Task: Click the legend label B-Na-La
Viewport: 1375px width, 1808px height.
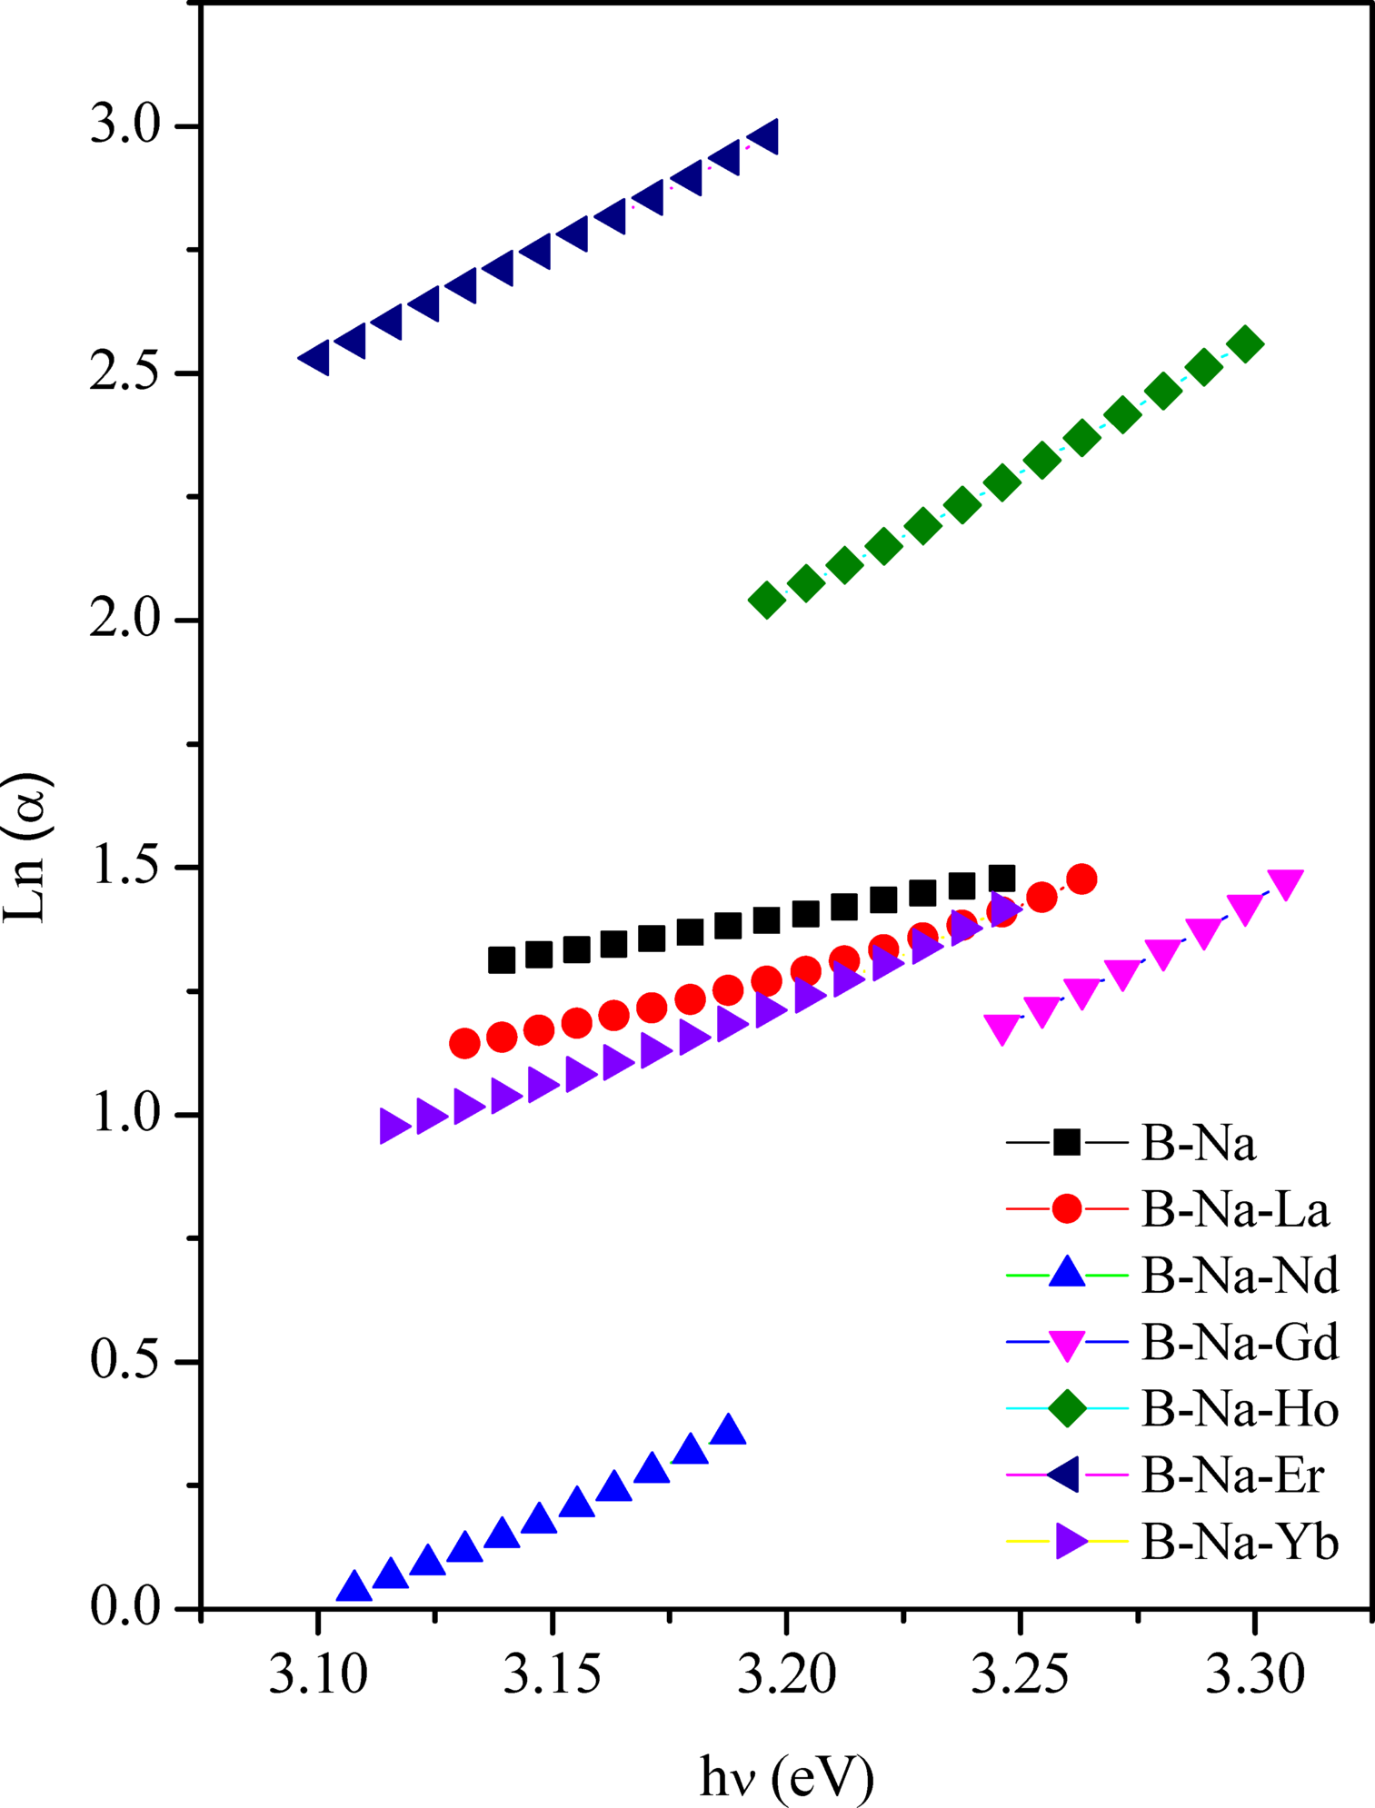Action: (x=1235, y=1209)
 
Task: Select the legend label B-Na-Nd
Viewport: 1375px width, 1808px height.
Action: (x=1240, y=1276)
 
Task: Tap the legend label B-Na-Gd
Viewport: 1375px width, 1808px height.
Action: (x=1240, y=1342)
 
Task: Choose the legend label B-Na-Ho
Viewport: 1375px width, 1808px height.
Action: (x=1240, y=1409)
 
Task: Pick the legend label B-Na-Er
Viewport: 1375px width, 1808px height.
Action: (x=1232, y=1475)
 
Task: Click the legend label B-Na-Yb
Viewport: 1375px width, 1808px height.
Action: (x=1240, y=1543)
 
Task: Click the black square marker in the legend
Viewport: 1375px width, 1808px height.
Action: (x=1067, y=1142)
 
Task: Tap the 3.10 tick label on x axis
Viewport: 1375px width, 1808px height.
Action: (x=317, y=1675)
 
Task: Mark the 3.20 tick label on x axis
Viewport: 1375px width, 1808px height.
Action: (x=786, y=1675)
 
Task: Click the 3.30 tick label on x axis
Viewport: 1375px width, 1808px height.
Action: (x=1254, y=1675)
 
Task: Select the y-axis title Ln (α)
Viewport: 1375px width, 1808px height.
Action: (x=27, y=847)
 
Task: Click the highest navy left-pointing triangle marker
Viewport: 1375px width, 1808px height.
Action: (x=763, y=137)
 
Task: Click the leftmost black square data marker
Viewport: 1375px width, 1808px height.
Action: (x=502, y=959)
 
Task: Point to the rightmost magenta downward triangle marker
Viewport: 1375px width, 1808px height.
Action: (x=1285, y=882)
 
